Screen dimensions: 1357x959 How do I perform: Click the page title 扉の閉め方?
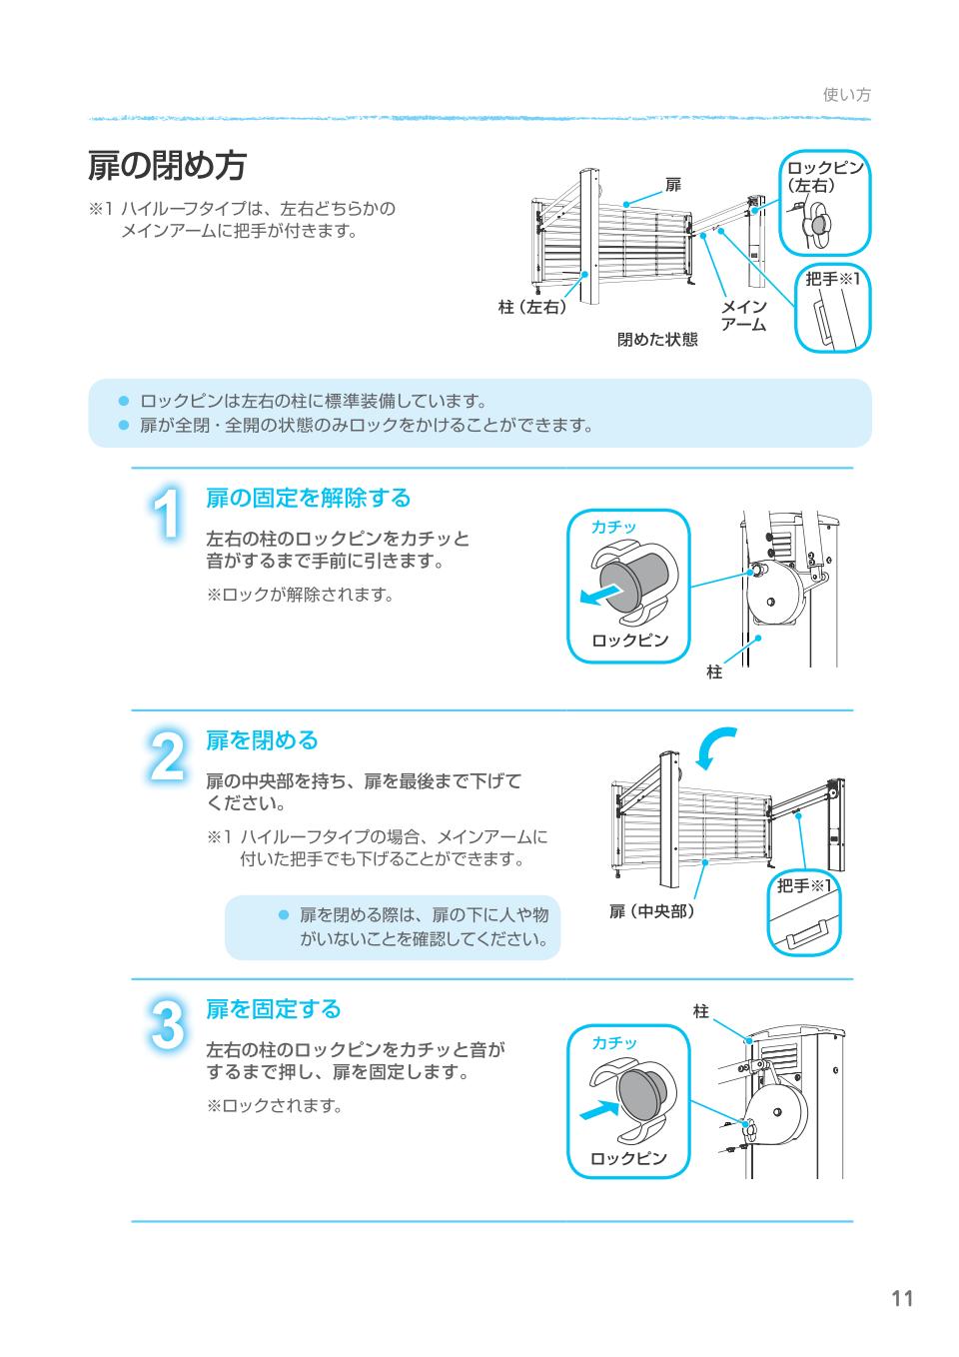click(x=167, y=167)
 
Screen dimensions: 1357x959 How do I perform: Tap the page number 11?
click(x=902, y=1298)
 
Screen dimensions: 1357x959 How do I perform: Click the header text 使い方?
click(x=846, y=94)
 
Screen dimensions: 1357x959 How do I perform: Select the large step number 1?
click(x=167, y=517)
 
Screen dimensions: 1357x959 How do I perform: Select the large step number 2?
click(x=167, y=757)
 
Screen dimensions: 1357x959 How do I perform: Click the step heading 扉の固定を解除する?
click(x=308, y=497)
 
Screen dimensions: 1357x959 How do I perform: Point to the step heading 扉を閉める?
click(x=262, y=739)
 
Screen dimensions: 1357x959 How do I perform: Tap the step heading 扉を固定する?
click(x=273, y=1008)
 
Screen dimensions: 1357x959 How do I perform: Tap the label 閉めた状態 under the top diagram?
click(x=656, y=340)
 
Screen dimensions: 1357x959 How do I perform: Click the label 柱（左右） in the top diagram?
click(x=532, y=307)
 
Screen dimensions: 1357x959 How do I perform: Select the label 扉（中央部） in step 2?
click(x=651, y=911)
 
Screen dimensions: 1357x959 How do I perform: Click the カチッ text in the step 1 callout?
click(x=613, y=527)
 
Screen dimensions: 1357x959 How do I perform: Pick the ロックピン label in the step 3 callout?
click(x=627, y=1158)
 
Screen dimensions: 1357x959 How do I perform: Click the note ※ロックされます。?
click(x=274, y=1106)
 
